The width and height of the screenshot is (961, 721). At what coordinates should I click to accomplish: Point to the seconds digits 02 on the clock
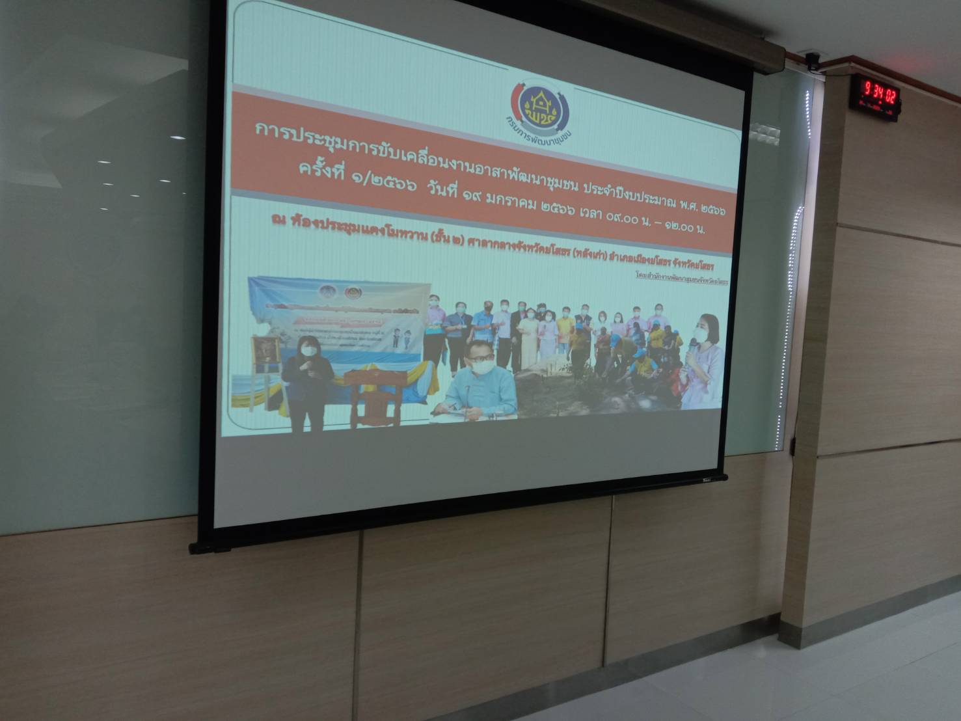coord(889,90)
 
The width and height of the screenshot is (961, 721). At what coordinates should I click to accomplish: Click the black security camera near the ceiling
coord(811,61)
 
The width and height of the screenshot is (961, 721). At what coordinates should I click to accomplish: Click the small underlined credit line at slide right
coord(683,276)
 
